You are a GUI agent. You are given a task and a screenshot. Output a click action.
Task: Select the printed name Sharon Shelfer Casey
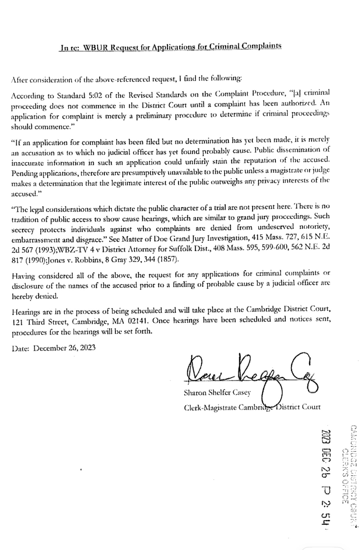217,393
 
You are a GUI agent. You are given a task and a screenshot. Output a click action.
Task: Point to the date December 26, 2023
64,348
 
